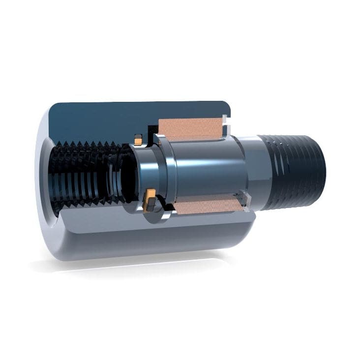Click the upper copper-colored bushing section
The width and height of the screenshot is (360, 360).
coord(190,129)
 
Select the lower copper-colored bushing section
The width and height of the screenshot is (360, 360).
coord(207,206)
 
